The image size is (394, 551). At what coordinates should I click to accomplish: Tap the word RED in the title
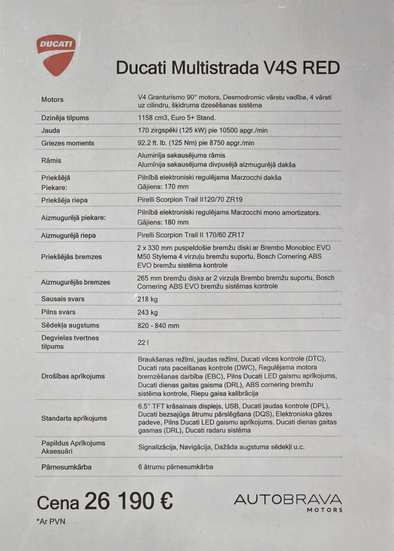point(321,68)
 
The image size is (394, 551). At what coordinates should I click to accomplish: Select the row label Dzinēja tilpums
point(65,118)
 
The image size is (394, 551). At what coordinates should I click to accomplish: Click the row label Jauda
point(51,131)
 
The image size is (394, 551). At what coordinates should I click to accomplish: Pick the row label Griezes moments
point(68,143)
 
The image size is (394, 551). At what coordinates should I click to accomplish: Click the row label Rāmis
point(51,160)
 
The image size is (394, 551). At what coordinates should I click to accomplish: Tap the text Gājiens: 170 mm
point(163,187)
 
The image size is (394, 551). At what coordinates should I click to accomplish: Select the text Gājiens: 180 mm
point(163,222)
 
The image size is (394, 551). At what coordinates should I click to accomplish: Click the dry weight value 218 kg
point(147,299)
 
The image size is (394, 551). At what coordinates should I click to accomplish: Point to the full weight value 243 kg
point(147,312)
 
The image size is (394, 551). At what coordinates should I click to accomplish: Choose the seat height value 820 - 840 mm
point(158,326)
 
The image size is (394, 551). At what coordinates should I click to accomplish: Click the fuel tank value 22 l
point(143,342)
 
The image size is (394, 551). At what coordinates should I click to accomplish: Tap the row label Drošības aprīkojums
point(73,376)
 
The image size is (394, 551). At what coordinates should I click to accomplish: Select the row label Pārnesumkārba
point(66,467)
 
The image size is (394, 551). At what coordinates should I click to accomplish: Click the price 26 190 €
point(128,501)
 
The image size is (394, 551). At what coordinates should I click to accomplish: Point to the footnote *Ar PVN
point(51,521)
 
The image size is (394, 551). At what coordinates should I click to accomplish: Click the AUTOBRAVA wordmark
point(288,500)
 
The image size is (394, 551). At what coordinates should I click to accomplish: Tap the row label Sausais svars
point(63,299)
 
